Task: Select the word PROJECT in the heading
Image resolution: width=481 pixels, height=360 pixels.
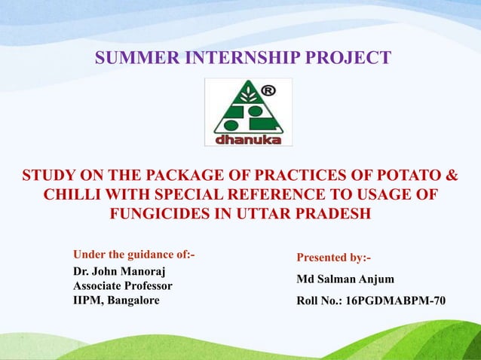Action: [x=354, y=57]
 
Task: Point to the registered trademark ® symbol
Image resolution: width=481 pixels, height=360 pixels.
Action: [x=267, y=92]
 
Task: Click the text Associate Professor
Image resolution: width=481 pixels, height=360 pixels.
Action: [x=122, y=286]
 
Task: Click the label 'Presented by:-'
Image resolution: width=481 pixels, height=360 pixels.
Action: [x=333, y=258]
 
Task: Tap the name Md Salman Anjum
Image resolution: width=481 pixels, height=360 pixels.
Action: [x=345, y=279]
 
